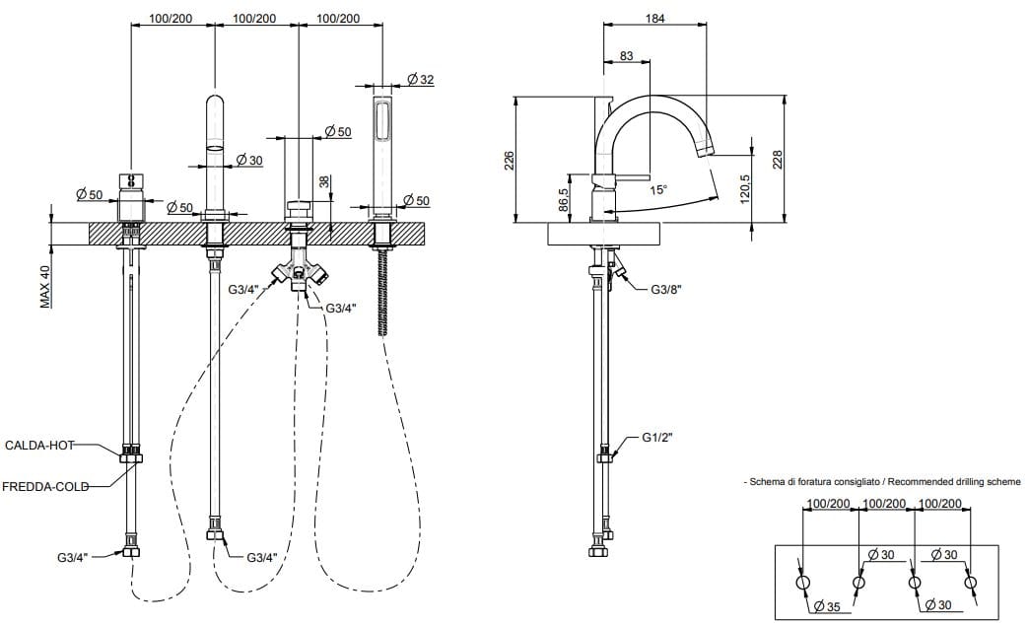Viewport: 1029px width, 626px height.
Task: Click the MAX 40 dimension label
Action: click(x=45, y=287)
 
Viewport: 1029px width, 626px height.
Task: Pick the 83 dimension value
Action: click(x=626, y=56)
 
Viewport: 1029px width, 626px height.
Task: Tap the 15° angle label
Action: click(x=657, y=189)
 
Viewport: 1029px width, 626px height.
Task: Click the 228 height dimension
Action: click(x=776, y=159)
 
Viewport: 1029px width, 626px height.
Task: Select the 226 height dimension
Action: click(x=510, y=160)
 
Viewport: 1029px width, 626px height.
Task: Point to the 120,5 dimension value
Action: click(x=745, y=186)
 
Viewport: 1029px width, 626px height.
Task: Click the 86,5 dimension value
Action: click(x=563, y=201)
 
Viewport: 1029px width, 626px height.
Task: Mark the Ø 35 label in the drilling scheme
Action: click(x=829, y=607)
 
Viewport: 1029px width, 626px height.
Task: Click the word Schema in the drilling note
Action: click(x=767, y=482)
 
